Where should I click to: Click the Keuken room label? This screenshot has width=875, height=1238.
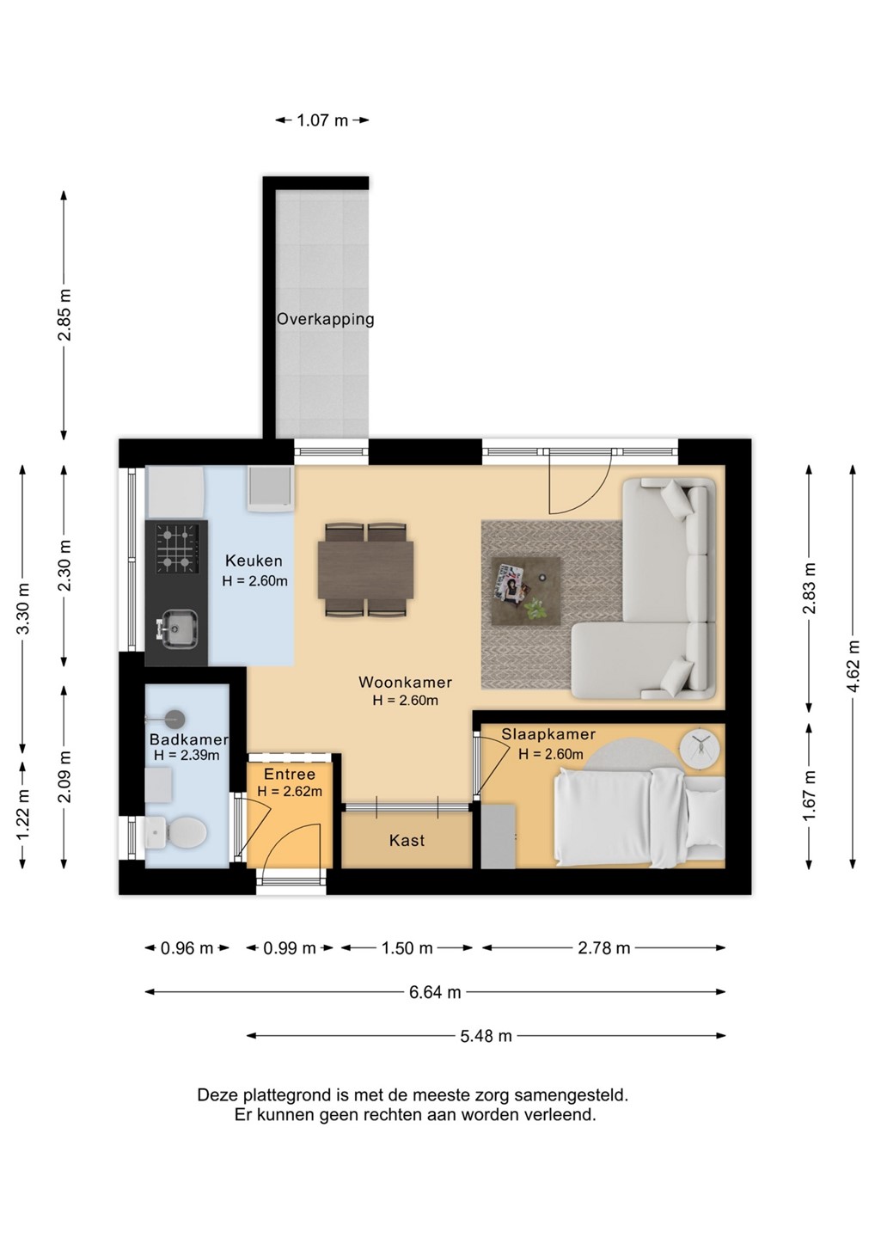click(254, 561)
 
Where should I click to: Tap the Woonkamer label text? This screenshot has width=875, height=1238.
click(405, 682)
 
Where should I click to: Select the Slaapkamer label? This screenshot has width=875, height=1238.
click(548, 734)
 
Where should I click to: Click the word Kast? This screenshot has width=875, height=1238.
click(407, 841)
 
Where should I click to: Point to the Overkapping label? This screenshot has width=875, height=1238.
click(326, 319)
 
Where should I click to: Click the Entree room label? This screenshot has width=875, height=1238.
click(290, 775)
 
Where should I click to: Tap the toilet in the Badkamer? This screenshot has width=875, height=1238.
click(175, 832)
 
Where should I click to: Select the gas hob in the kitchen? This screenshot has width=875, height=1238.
click(177, 549)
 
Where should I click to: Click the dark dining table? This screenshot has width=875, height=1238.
click(365, 569)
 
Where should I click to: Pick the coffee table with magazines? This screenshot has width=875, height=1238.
click(526, 591)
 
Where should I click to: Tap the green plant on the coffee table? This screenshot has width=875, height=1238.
click(535, 609)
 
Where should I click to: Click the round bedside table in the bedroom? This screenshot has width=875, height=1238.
click(700, 749)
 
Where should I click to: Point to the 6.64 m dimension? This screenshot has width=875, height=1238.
click(435, 992)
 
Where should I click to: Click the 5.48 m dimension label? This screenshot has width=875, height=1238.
click(486, 1036)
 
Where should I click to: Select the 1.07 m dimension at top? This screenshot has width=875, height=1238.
click(322, 120)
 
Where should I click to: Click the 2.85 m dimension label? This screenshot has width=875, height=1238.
click(64, 315)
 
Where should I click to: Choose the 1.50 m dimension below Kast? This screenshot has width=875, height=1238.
click(407, 947)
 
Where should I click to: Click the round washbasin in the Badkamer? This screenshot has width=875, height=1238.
click(175, 717)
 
